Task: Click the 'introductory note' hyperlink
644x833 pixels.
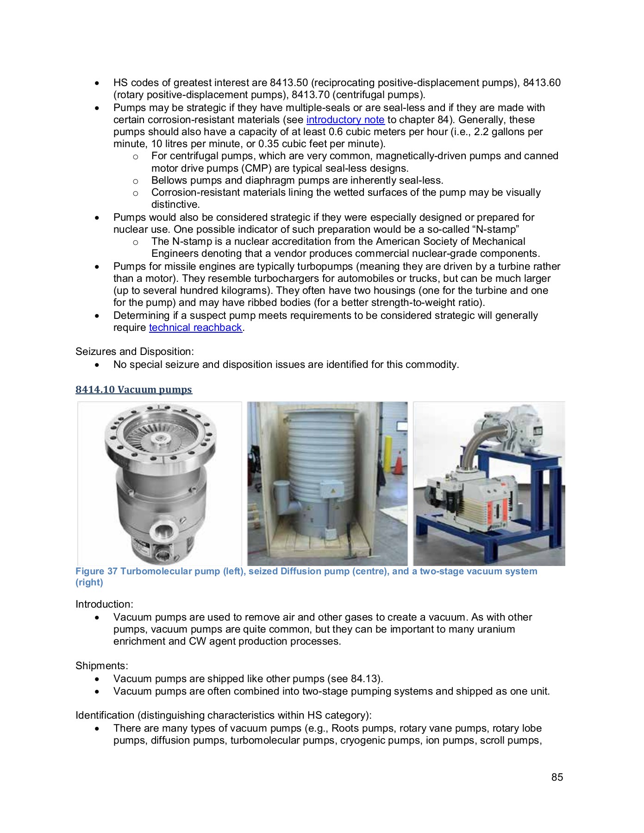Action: pyautogui.click(x=345, y=120)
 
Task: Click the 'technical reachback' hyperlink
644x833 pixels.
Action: pyautogui.click(x=195, y=328)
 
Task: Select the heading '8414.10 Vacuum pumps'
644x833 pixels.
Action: pyautogui.click(x=134, y=389)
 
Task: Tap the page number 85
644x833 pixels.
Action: pyautogui.click(x=557, y=777)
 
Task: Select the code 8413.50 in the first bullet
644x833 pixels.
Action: pyautogui.click(x=289, y=83)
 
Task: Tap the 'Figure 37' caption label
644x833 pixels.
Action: pyautogui.click(x=96, y=571)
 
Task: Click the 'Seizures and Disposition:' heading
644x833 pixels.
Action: pyautogui.click(x=134, y=352)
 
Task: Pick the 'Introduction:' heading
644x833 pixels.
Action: pyautogui.click(x=104, y=604)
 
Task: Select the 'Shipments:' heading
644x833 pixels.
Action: pyautogui.click(x=102, y=666)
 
